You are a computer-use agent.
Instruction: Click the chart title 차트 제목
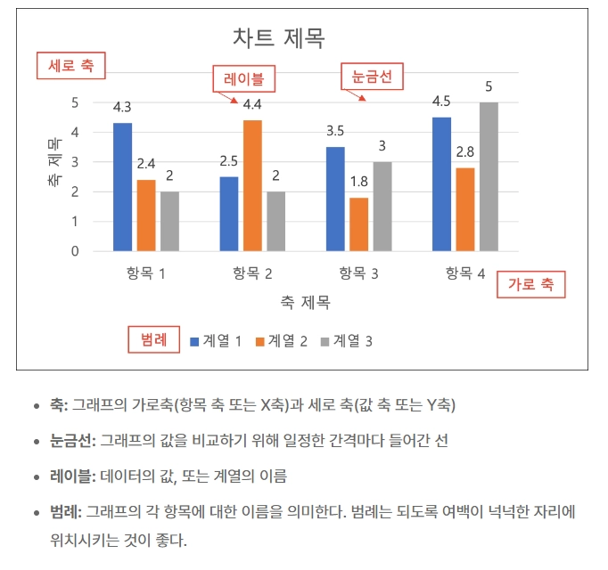pos(278,38)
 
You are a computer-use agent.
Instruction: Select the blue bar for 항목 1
pos(123,187)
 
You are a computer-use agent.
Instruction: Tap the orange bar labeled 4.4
pos(252,185)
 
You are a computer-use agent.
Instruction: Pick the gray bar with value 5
pos(489,176)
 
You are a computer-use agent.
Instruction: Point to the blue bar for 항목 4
pos(441,183)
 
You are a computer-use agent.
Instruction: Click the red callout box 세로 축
pos(70,65)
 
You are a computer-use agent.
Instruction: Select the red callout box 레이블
pos(243,78)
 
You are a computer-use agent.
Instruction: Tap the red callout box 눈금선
pos(372,77)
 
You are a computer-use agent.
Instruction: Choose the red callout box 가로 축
pos(530,285)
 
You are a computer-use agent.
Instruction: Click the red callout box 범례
pos(153,339)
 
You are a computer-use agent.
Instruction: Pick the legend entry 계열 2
pos(282,340)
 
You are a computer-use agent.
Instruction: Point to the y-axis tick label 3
pos(74,162)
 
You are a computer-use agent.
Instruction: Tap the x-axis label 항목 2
pos(252,274)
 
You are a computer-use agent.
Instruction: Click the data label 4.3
pos(122,107)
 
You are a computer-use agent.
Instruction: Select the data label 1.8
pos(358,182)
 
